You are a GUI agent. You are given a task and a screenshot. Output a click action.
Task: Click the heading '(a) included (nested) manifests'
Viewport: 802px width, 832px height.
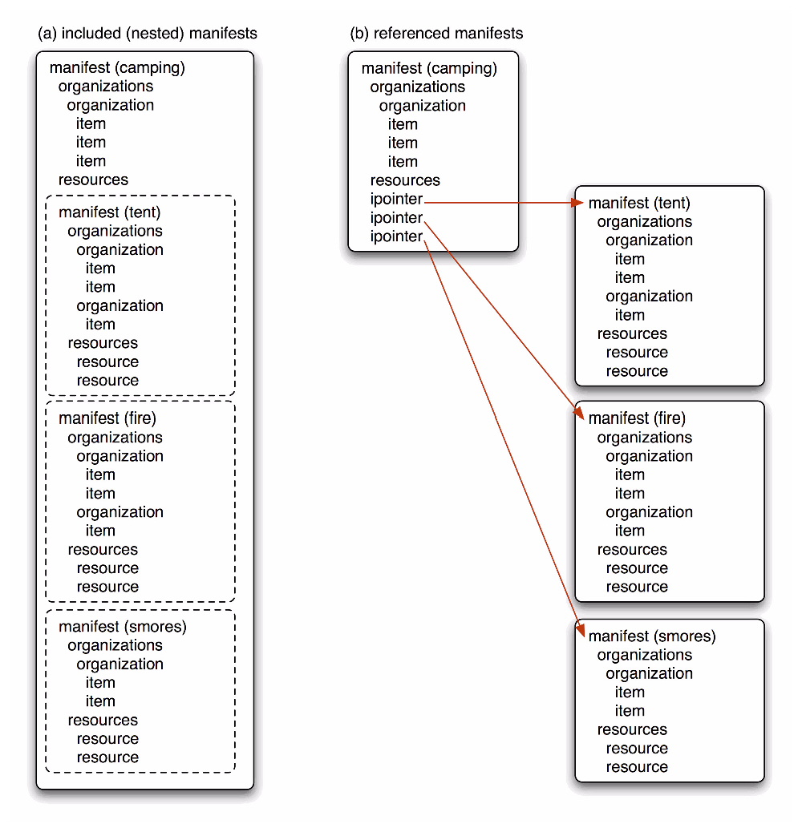click(x=148, y=34)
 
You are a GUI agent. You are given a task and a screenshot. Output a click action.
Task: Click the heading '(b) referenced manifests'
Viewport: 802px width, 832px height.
click(x=436, y=34)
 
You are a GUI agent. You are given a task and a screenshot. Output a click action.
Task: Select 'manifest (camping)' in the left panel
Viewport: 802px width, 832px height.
click(x=117, y=67)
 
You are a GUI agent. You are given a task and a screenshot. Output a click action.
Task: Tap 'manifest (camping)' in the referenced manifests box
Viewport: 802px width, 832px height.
click(x=429, y=68)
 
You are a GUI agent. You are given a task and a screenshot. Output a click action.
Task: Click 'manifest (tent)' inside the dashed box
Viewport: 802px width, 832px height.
click(x=110, y=212)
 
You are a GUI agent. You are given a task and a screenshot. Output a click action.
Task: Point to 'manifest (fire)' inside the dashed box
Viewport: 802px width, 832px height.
click(x=107, y=418)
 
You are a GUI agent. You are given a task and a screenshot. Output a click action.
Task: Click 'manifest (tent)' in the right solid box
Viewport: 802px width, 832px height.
click(x=639, y=203)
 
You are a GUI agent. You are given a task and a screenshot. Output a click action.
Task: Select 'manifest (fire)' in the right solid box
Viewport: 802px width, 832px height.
click(x=637, y=418)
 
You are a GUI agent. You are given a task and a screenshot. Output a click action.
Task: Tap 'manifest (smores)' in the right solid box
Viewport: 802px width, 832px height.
click(x=651, y=636)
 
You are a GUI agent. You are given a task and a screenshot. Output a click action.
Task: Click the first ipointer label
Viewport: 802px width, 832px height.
click(x=396, y=200)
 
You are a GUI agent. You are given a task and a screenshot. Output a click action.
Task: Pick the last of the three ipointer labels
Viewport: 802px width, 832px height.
click(x=396, y=236)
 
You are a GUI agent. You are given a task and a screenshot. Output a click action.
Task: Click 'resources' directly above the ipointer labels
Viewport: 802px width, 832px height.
click(x=405, y=180)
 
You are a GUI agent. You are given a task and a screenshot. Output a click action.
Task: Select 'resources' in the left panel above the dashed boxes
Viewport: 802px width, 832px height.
click(x=93, y=180)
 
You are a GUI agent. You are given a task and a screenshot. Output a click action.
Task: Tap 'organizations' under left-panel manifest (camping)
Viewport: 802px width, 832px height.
click(x=106, y=87)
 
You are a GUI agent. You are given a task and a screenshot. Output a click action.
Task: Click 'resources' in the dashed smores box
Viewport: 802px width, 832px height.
click(x=103, y=720)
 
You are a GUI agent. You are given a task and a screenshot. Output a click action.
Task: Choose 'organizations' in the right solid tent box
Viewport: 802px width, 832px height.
click(x=644, y=222)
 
